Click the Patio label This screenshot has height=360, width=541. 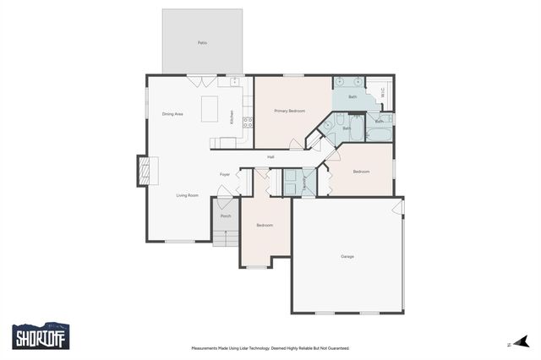202,42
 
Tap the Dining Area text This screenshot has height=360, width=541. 172,114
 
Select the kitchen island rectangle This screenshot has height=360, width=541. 209,109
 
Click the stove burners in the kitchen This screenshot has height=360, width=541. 248,122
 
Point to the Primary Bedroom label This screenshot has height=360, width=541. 289,111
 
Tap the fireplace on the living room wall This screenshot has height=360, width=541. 147,172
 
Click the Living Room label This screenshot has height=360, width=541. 187,195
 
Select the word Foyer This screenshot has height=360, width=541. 225,174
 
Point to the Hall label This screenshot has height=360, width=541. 270,157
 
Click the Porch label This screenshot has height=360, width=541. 226,216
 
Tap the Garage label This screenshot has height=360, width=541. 347,256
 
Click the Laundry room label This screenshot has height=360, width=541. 303,181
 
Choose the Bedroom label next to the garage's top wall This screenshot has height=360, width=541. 361,172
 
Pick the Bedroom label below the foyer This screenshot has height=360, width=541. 265,225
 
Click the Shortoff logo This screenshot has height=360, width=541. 41,336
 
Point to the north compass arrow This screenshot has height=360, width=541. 522,342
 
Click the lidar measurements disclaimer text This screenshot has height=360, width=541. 270,347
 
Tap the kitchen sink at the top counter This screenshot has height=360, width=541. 234,82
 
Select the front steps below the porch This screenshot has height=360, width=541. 226,238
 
